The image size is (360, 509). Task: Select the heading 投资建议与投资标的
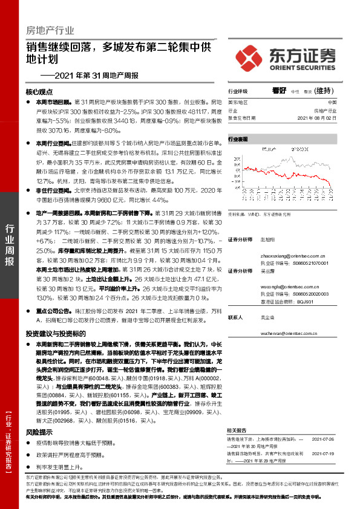tap(55, 334)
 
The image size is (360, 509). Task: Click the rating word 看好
tap(279, 91)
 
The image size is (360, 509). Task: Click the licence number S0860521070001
tap(308, 264)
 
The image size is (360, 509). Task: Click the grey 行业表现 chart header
tap(238, 139)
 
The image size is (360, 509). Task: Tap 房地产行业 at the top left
tap(50, 29)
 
